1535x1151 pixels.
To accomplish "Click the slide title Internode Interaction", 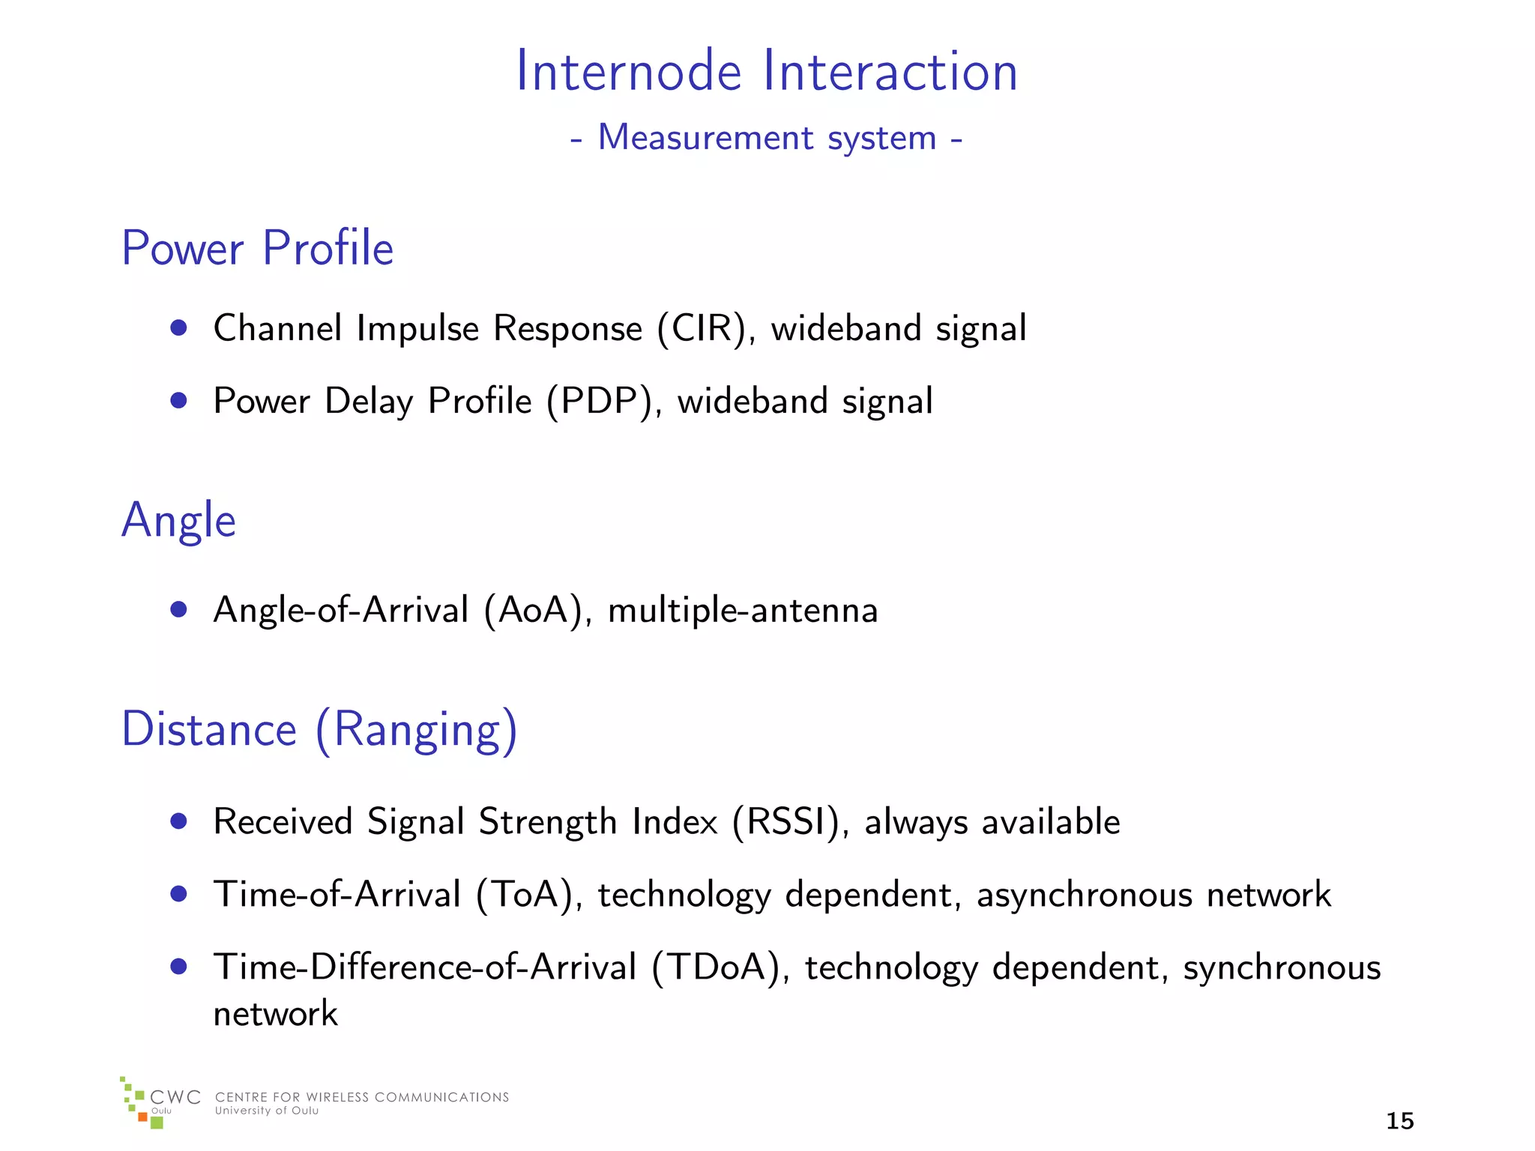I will click(767, 71).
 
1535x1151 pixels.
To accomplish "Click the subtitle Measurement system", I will click(767, 138).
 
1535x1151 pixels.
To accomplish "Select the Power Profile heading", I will click(257, 248).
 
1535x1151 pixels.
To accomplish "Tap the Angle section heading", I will click(178, 520).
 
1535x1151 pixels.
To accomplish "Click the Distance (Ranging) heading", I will click(319, 729).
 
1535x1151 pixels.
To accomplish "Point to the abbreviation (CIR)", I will click(702, 329).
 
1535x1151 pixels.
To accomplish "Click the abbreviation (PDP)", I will click(600, 402).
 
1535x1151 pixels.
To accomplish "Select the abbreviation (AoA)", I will click(533, 610).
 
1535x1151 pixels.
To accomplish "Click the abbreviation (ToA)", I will click(524, 895).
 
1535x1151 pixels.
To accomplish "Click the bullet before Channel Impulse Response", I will click(178, 327).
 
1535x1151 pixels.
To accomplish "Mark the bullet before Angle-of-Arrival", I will click(178, 609).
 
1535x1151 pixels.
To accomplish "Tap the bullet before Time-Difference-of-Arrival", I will click(178, 966).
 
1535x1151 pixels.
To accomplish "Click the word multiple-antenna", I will click(742, 610).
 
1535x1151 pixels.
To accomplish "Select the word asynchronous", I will click(1084, 895).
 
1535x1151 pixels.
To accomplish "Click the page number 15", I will click(1399, 1121).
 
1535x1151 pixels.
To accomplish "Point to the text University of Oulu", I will click(267, 1111).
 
